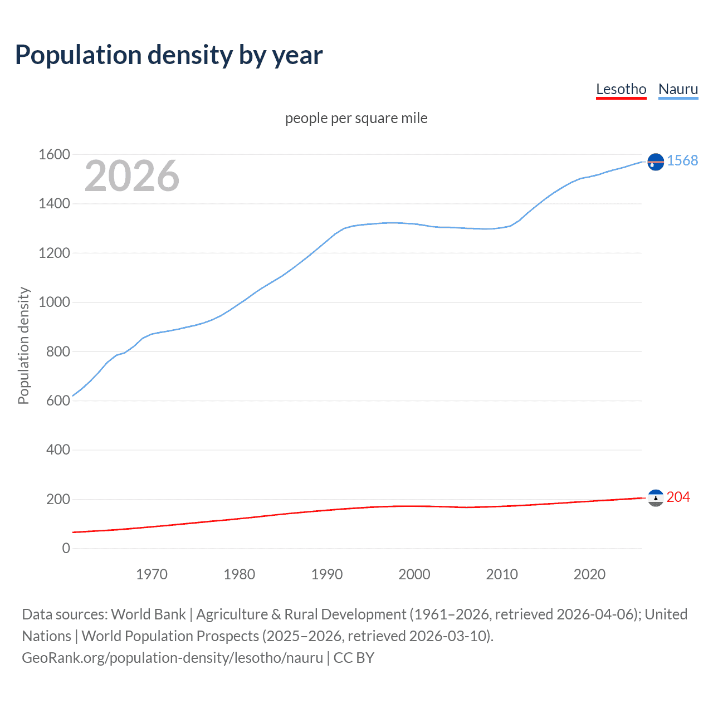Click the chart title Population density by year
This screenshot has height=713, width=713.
click(x=169, y=55)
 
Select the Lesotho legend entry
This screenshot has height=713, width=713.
click(x=621, y=89)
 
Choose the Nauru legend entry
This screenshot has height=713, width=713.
click(x=678, y=89)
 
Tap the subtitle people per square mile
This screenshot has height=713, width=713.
click(x=356, y=118)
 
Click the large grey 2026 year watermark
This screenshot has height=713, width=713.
click(x=132, y=176)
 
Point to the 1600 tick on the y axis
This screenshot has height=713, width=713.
click(x=54, y=154)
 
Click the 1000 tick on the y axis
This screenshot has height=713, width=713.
click(x=54, y=302)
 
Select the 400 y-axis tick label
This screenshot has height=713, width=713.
click(x=58, y=450)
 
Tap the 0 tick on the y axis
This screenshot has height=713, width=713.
click(x=66, y=548)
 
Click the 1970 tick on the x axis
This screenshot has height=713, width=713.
click(x=152, y=574)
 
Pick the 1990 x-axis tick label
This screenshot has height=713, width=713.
click(x=327, y=574)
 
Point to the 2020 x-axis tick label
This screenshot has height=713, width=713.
click(x=589, y=574)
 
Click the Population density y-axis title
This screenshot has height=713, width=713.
click(x=23, y=345)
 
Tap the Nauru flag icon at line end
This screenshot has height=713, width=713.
click(x=656, y=162)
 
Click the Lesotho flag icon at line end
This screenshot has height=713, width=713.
click(x=656, y=497)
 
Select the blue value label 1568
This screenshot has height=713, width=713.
click(x=682, y=160)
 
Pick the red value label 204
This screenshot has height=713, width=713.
click(x=678, y=497)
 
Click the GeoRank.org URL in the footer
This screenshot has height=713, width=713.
click(x=172, y=657)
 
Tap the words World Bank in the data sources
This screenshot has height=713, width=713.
click(x=148, y=614)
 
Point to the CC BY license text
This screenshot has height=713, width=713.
click(x=354, y=657)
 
